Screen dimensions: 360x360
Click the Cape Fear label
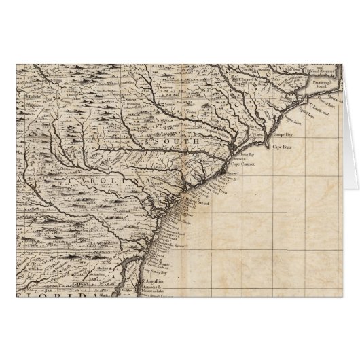coord(281,147)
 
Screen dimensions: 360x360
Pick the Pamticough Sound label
coord(323,85)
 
